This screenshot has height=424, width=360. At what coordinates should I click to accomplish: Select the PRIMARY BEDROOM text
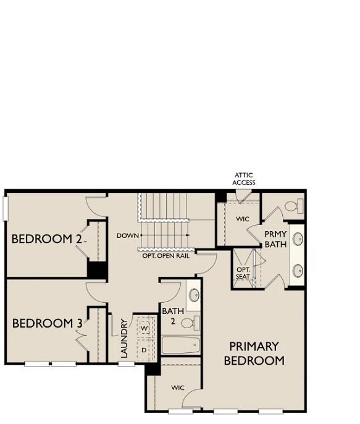[254, 354]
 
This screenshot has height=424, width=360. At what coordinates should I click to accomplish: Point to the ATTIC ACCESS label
[243, 179]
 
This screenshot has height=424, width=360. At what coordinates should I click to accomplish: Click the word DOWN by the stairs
[128, 236]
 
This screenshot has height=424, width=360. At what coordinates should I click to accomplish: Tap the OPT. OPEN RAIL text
[166, 256]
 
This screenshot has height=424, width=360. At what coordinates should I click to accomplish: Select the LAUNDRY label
[124, 338]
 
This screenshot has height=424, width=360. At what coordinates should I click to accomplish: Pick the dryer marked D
[145, 350]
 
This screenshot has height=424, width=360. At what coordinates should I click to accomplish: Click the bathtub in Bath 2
[181, 345]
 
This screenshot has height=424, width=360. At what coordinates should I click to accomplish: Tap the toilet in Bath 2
[190, 323]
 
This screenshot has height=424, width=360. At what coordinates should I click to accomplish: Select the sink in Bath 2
[194, 295]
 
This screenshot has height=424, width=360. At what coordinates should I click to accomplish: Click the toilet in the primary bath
[295, 206]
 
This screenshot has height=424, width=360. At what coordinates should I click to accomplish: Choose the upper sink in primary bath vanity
[298, 239]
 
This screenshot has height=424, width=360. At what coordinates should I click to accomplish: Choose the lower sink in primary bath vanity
[298, 271]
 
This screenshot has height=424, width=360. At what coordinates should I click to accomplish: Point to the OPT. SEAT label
[243, 273]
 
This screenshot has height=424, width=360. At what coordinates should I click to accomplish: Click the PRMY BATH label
[275, 239]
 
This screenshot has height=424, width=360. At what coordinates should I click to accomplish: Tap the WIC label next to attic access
[243, 219]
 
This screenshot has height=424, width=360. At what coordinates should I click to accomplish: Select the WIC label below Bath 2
[178, 388]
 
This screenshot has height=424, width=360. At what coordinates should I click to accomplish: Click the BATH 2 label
[173, 316]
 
